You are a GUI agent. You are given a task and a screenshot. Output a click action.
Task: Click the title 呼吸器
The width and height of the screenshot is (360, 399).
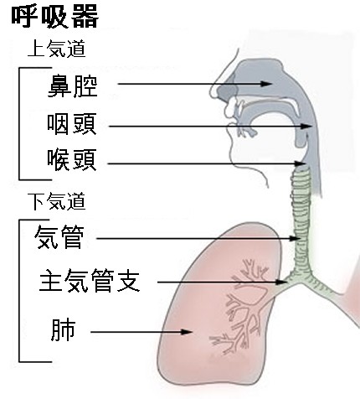(55, 17)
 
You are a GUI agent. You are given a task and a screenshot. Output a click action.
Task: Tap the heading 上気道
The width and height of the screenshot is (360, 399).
(57, 49)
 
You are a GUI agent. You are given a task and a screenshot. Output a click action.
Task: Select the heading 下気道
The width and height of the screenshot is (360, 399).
(57, 201)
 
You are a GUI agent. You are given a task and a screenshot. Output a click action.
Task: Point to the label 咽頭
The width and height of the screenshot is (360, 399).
(72, 124)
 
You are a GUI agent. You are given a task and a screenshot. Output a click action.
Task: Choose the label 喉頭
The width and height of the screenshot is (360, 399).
(72, 160)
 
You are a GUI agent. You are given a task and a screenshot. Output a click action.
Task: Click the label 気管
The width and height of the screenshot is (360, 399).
(59, 237)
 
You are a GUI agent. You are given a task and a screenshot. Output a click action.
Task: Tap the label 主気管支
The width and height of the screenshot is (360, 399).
(90, 281)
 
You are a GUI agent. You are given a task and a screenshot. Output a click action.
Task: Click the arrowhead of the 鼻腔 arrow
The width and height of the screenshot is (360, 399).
(267, 84)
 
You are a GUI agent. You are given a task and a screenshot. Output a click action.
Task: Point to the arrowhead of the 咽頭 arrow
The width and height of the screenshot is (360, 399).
(307, 127)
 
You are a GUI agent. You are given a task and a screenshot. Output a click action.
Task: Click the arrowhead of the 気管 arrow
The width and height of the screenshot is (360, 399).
(295, 238)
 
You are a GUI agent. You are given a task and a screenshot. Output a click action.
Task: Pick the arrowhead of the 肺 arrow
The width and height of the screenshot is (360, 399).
(187, 332)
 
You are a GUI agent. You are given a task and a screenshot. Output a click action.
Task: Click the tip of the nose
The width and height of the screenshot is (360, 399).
(211, 92)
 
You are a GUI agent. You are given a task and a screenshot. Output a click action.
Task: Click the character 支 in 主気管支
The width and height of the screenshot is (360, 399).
(128, 281)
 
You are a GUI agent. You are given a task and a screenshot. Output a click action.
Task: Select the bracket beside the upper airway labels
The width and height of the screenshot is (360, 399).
(19, 123)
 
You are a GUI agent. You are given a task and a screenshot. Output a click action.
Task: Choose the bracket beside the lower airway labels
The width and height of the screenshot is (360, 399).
(19, 291)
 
